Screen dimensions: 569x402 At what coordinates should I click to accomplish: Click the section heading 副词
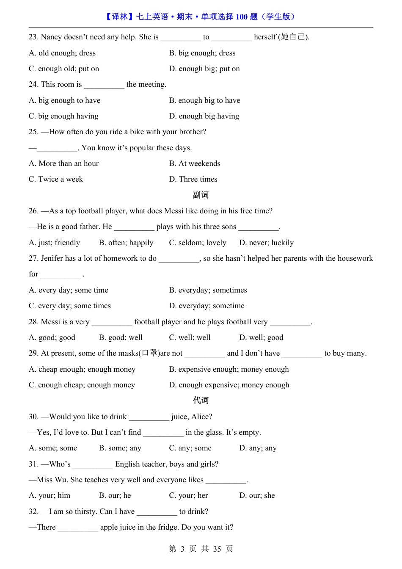point(201,195)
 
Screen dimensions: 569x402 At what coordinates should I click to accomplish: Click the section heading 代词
point(201,401)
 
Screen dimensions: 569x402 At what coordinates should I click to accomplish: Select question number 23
point(33,37)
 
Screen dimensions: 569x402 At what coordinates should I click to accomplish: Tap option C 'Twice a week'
point(56,180)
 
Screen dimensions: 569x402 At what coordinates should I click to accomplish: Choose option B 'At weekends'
point(195,163)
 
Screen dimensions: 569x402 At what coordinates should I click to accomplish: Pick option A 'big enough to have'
point(64,100)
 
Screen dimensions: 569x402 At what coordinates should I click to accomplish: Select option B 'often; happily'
point(126,243)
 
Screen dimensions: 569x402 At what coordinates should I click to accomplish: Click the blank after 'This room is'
point(104,85)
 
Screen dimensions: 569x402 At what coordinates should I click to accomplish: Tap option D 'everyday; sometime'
point(207,306)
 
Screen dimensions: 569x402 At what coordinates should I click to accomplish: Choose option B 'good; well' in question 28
point(121,337)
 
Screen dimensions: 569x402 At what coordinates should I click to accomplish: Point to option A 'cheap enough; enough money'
point(82,369)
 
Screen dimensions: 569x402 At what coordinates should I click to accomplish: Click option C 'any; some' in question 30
point(190,448)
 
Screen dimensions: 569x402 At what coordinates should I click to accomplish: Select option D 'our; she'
point(257,495)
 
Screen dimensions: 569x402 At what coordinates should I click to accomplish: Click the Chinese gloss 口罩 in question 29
point(150,353)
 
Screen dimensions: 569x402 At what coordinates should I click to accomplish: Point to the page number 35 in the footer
point(217,549)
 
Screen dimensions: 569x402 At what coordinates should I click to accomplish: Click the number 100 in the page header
point(241,17)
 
